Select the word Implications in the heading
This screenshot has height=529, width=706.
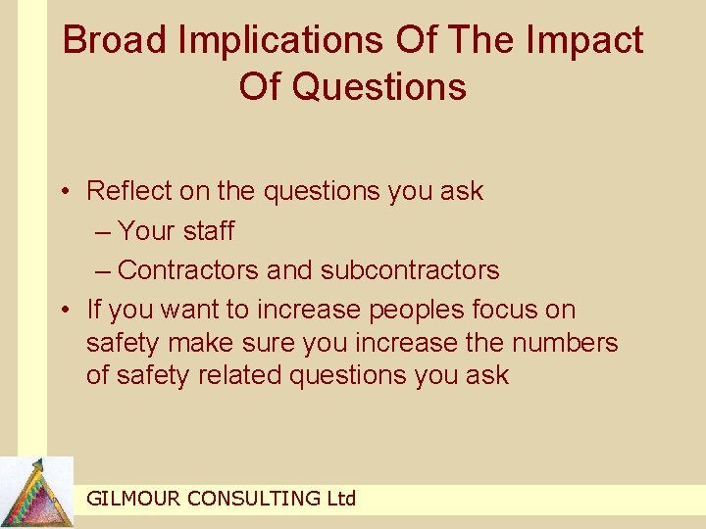point(284,40)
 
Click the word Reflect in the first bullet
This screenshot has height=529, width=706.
point(125,191)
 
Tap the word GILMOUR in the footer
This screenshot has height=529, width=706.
point(133,499)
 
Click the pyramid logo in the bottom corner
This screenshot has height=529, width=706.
point(37,493)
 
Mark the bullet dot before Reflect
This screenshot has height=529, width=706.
point(65,192)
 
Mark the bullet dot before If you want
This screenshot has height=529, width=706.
point(65,311)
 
